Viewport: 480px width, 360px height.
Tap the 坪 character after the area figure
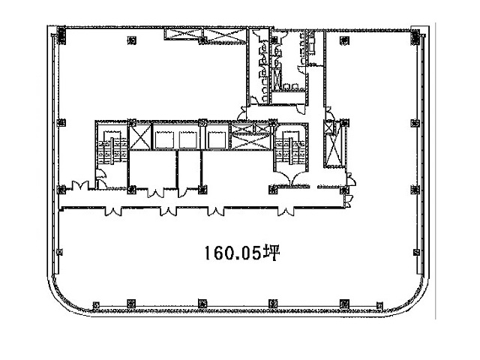tap(271, 253)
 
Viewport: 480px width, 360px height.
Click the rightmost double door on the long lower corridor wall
tap(285, 211)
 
